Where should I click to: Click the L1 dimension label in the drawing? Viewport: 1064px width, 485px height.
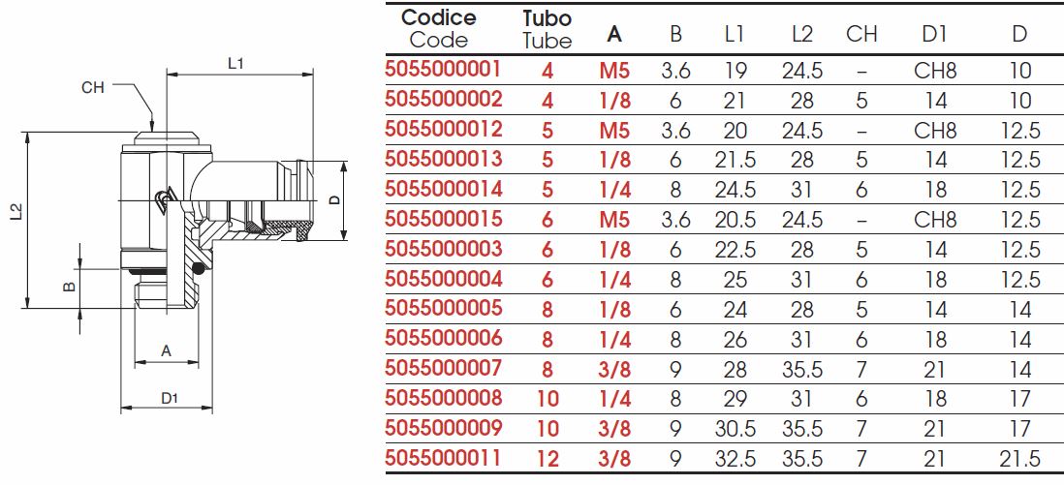(x=236, y=65)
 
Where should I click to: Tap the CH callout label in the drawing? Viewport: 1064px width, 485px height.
(x=93, y=87)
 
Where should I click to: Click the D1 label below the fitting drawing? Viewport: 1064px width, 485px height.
(x=169, y=398)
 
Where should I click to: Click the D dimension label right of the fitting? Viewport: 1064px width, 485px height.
(x=334, y=199)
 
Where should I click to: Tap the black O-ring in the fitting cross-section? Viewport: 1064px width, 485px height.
(x=198, y=268)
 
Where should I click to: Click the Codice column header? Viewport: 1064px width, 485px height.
(x=439, y=17)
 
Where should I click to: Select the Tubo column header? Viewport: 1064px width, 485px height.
(x=548, y=17)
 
